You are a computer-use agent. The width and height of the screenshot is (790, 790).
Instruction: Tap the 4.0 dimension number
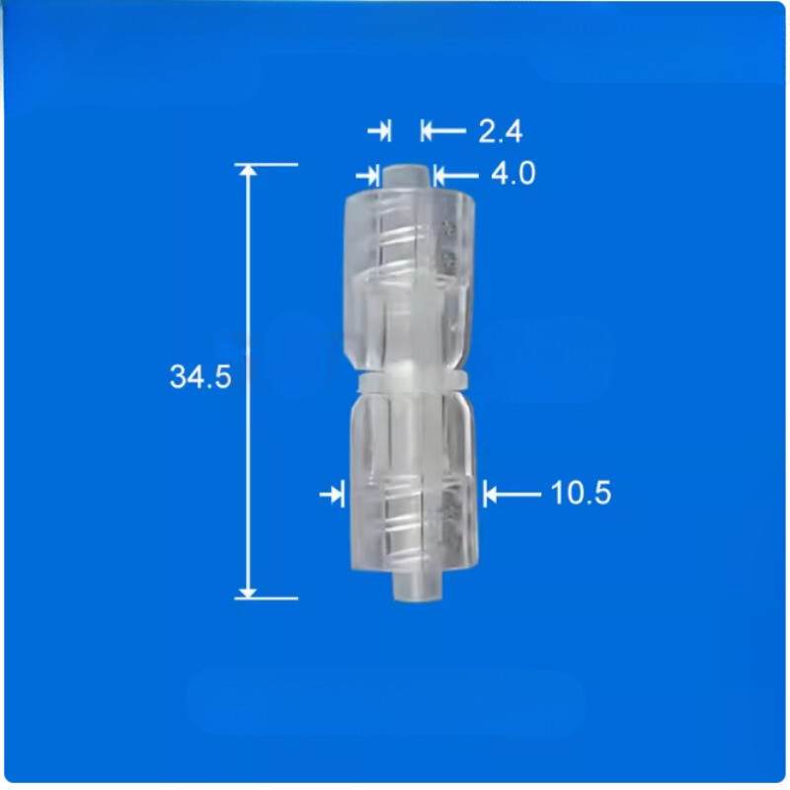[513, 175]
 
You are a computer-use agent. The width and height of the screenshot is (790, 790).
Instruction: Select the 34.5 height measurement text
[200, 377]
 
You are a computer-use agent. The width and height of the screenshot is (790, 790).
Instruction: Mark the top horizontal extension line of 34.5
[267, 164]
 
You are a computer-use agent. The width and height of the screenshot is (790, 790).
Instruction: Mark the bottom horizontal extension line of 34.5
[267, 597]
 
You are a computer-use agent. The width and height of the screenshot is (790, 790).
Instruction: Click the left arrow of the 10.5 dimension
[333, 493]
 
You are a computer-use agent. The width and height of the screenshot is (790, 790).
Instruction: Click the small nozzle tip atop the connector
[407, 176]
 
